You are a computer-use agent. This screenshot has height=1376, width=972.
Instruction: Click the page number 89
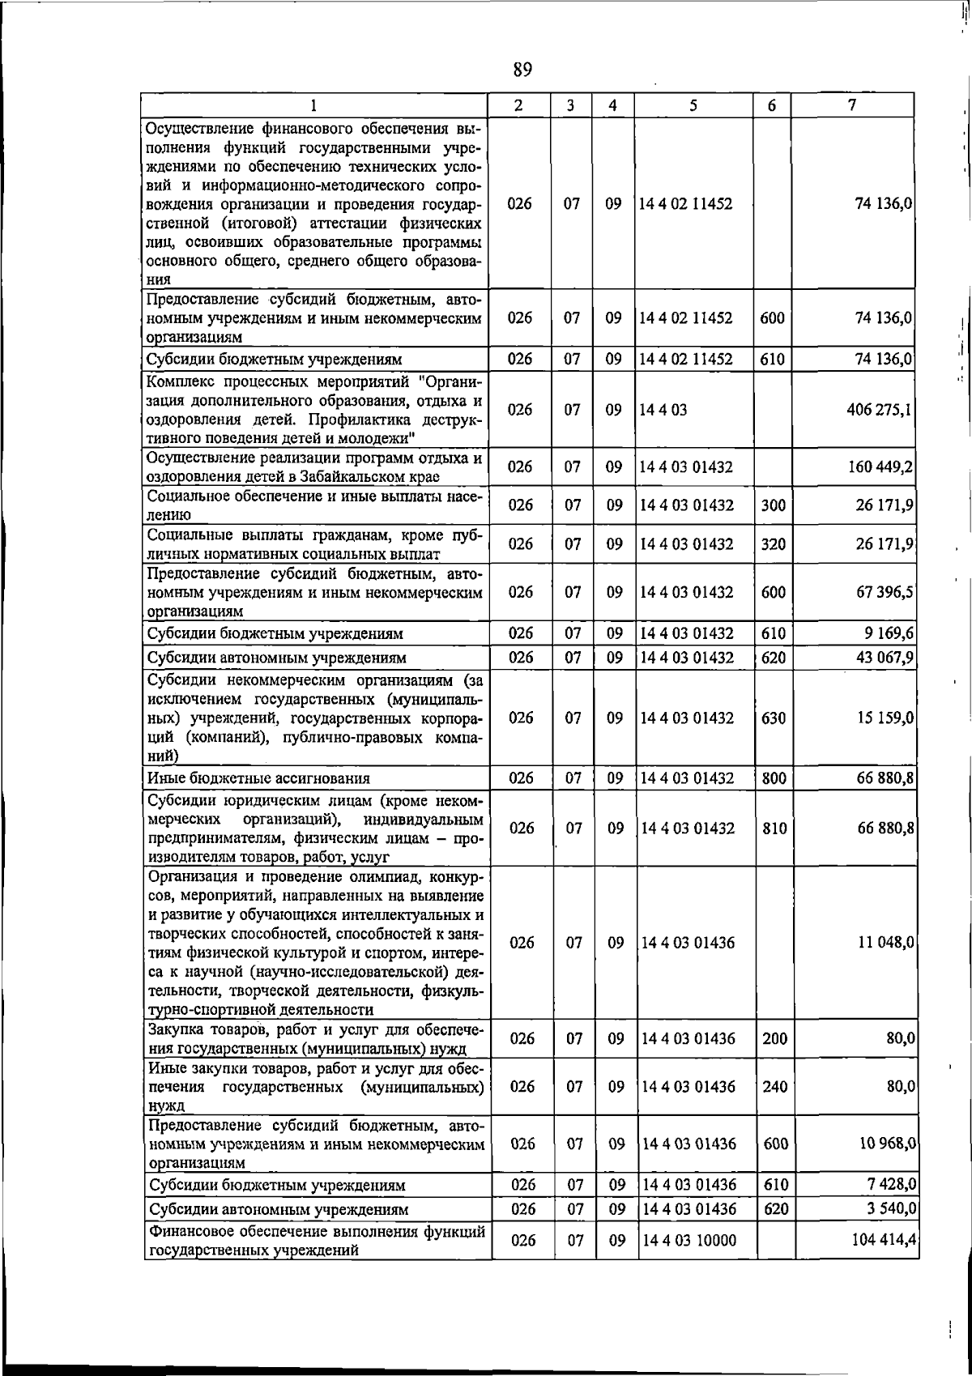click(x=522, y=70)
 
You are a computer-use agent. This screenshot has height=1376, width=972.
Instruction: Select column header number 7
click(x=851, y=105)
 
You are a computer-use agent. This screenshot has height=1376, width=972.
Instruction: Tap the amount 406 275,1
click(x=879, y=409)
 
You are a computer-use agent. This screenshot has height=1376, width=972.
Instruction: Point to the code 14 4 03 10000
click(x=688, y=1263)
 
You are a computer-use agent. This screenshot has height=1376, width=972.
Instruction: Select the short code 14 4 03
click(x=663, y=409)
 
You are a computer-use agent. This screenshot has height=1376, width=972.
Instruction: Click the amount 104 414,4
click(x=884, y=1261)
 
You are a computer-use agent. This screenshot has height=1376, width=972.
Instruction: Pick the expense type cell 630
click(x=774, y=718)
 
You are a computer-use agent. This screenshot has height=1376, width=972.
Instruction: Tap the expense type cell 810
click(x=774, y=829)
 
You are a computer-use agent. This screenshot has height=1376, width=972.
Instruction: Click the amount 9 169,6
click(x=889, y=633)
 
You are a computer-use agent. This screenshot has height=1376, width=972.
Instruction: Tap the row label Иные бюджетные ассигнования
click(x=258, y=778)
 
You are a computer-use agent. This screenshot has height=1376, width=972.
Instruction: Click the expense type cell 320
click(x=774, y=544)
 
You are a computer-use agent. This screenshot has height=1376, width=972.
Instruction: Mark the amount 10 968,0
click(x=886, y=1144)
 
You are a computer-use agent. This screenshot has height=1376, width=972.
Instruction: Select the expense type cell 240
click(x=774, y=1087)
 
